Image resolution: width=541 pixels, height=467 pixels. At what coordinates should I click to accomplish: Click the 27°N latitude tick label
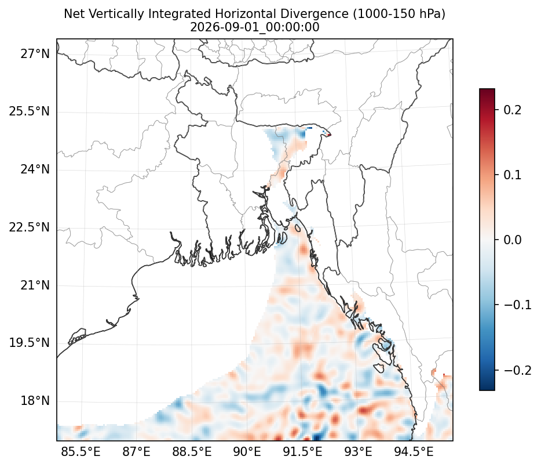point(35,54)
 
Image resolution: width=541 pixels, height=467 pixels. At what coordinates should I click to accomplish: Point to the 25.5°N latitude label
point(30,111)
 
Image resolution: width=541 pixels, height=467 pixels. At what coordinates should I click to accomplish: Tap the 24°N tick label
point(35,169)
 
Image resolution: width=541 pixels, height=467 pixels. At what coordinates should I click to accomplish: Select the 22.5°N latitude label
point(30,227)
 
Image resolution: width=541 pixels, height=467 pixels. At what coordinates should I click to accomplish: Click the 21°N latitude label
point(35,285)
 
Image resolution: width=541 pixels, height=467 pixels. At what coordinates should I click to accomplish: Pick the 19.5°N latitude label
point(30,343)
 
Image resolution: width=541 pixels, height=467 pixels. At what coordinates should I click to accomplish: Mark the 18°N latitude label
point(35,401)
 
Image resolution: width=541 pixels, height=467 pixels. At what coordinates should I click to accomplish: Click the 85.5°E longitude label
point(81,451)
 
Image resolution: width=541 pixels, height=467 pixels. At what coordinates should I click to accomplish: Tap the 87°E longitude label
point(136,451)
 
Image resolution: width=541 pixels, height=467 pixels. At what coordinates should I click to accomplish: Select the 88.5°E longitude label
point(192,451)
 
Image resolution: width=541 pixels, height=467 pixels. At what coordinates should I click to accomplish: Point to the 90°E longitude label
point(247,451)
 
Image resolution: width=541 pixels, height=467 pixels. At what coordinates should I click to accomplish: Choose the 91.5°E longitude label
point(302,451)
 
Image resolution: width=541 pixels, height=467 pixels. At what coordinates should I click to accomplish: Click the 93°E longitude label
point(358,451)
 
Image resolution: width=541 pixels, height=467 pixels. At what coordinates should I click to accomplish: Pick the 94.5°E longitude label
point(414,451)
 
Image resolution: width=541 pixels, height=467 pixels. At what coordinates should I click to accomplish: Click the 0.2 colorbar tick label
point(513,110)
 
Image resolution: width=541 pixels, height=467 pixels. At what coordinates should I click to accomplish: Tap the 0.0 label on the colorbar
point(513,240)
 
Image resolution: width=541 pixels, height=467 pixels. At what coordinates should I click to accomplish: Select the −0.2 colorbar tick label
point(517,370)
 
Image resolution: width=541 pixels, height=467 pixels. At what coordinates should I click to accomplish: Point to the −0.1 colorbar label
point(517,305)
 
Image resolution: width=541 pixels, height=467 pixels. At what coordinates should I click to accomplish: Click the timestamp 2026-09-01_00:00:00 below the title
point(255,27)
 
